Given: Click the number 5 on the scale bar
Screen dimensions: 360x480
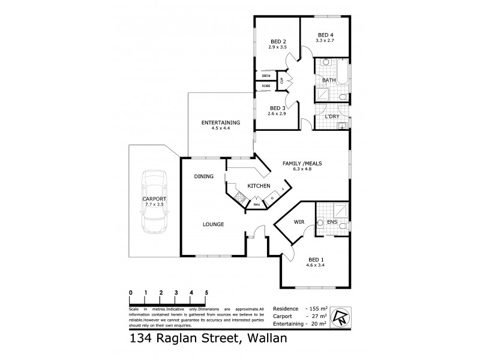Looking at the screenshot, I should [206, 293].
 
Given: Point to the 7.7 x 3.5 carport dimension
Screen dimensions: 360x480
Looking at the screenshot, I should [154, 205].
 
